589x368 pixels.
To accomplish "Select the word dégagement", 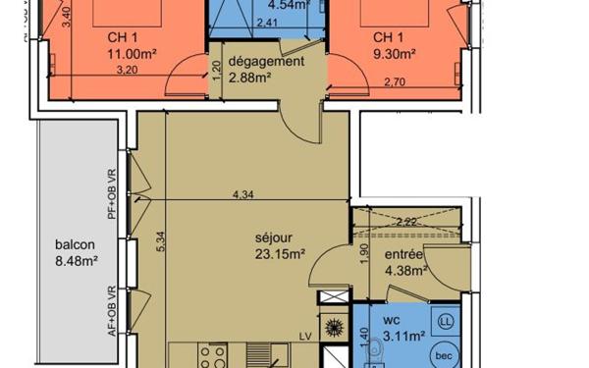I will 264,61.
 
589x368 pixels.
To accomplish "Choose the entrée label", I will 402,255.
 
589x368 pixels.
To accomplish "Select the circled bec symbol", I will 443,355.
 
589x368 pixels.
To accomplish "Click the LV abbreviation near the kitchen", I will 306,337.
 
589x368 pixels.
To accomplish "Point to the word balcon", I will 75,244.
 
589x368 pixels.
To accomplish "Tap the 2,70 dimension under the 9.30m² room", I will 395,81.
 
